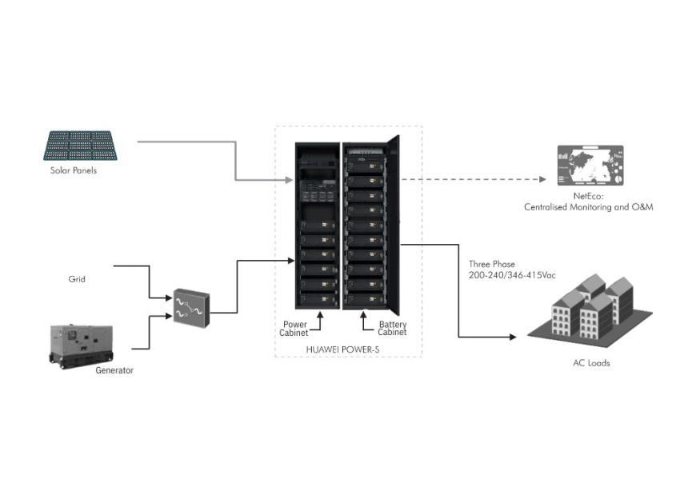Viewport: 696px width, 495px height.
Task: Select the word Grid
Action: click(x=76, y=279)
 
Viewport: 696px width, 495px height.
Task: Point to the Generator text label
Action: click(x=114, y=370)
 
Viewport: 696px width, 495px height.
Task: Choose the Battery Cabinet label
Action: click(x=392, y=329)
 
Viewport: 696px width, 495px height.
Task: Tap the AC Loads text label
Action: click(x=590, y=362)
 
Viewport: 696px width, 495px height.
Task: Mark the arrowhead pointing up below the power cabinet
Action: click(x=320, y=317)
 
